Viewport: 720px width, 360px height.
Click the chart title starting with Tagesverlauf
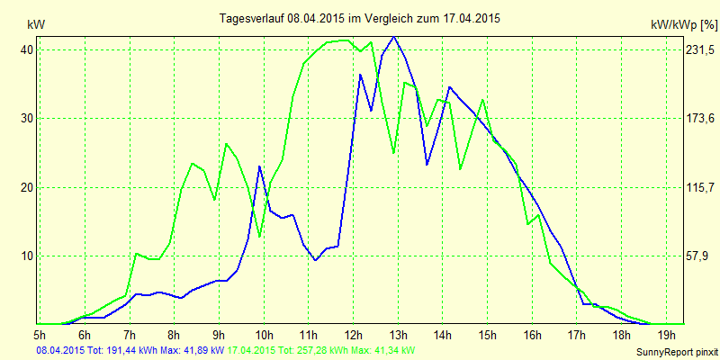click(360, 18)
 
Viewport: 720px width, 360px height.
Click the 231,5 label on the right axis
click(697, 49)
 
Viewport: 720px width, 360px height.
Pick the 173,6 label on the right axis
click(697, 118)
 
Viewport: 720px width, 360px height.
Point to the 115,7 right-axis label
click(697, 187)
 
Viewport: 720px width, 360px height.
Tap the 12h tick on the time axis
click(353, 336)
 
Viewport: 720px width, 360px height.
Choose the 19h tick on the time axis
click(665, 336)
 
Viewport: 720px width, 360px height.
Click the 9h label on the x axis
click(220, 336)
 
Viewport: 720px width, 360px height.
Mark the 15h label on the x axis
click(487, 336)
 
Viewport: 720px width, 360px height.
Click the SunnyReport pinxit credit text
click(674, 351)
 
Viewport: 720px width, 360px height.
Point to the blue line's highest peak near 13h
click(393, 37)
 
